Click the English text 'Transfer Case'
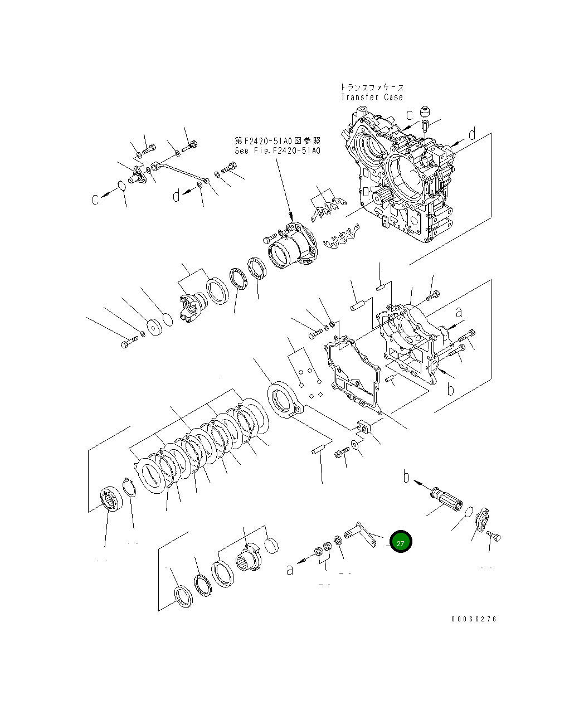(372, 97)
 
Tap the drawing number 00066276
(473, 619)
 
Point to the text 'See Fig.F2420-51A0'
(278, 150)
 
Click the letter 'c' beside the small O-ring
(96, 198)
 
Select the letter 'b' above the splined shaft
(406, 477)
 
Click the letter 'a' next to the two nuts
(290, 569)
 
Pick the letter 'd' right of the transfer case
(471, 134)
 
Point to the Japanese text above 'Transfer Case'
(372, 87)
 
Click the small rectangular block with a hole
(363, 426)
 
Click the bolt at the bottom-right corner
(493, 537)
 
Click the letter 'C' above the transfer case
(410, 115)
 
